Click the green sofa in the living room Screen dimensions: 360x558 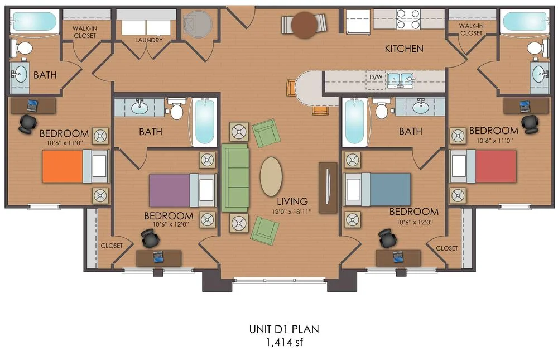click(x=234, y=177)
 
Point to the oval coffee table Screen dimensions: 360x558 click(x=271, y=176)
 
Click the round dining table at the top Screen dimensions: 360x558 click(x=304, y=25)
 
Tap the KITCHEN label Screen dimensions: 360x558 click(x=404, y=49)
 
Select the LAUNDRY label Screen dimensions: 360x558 click(x=148, y=40)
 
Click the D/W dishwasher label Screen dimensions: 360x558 click(x=374, y=76)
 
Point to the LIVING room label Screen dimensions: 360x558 click(x=292, y=201)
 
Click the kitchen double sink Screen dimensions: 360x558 click(x=401, y=80)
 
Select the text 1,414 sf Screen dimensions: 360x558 click(x=284, y=342)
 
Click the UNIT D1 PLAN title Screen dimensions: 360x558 click(x=284, y=329)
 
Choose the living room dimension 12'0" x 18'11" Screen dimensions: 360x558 click(x=292, y=212)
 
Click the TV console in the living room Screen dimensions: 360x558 click(x=328, y=187)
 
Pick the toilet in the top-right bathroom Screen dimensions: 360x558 click(x=533, y=48)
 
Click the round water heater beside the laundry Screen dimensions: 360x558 click(x=198, y=24)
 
